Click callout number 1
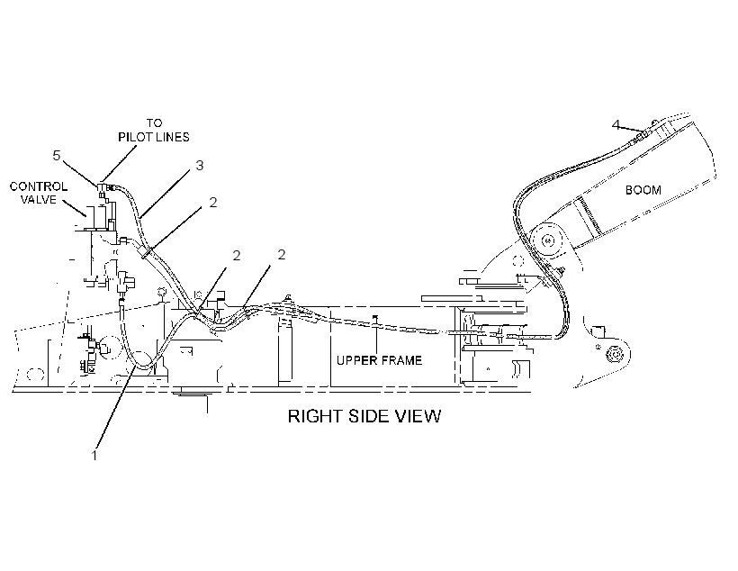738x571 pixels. [x=94, y=455]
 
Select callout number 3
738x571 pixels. [x=200, y=166]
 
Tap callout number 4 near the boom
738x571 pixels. [x=616, y=125]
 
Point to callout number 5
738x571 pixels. [x=57, y=156]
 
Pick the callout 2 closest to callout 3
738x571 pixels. [x=213, y=202]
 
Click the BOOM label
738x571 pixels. [x=643, y=190]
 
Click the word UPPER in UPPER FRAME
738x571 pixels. [x=356, y=360]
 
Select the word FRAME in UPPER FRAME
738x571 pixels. [x=401, y=360]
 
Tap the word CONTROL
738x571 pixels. [x=39, y=186]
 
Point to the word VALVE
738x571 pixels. [x=39, y=200]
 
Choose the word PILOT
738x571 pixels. [x=134, y=137]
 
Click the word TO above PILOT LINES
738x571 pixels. [x=154, y=123]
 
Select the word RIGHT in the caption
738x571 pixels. [x=315, y=416]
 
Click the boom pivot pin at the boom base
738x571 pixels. [x=547, y=240]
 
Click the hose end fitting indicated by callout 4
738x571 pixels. [x=641, y=135]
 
